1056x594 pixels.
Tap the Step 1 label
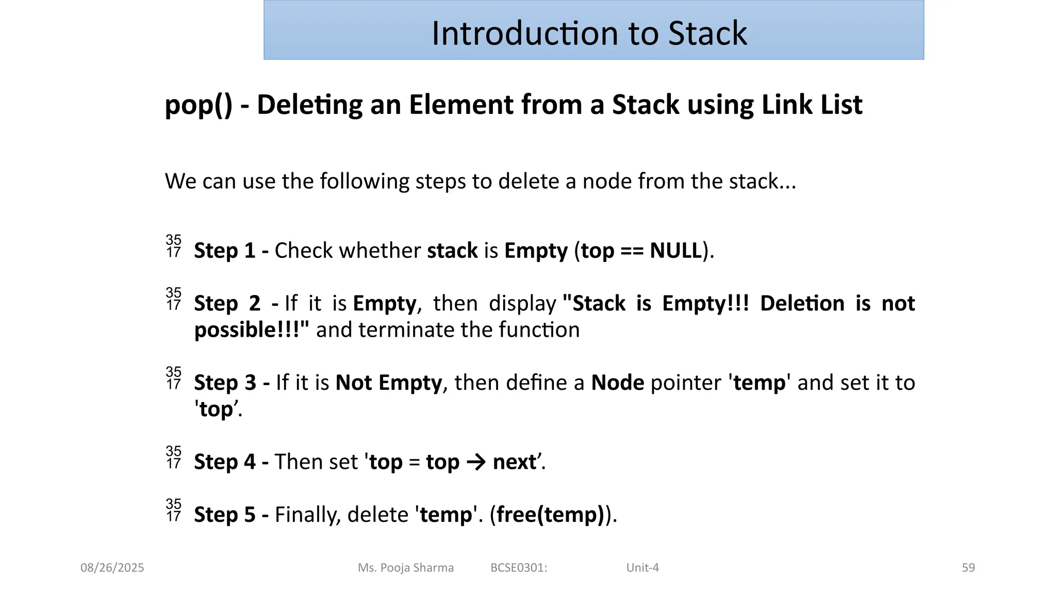tap(224, 251)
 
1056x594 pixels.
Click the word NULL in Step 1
tap(675, 251)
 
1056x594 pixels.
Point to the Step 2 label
tap(227, 303)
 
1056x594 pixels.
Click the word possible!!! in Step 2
tap(252, 330)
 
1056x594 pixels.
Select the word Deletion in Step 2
tap(802, 303)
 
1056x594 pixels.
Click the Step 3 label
tap(225, 383)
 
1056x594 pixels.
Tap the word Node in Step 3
tap(617, 383)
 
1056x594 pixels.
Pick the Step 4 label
tap(224, 462)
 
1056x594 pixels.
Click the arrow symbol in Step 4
tap(476, 462)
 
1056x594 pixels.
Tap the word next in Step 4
tap(514, 462)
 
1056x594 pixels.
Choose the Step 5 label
tap(224, 515)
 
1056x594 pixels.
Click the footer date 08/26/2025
tap(112, 568)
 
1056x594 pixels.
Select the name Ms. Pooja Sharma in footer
tap(406, 568)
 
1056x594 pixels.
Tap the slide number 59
tap(968, 568)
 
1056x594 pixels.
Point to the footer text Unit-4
tap(642, 568)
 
